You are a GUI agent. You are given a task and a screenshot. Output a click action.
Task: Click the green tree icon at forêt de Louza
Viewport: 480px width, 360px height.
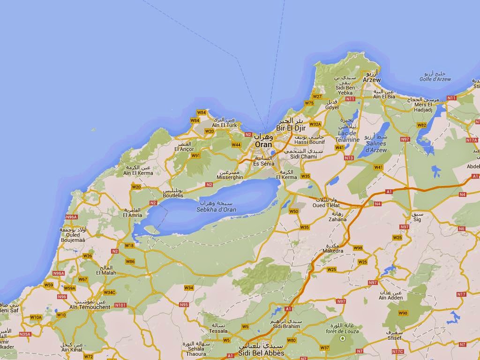tap(342, 338)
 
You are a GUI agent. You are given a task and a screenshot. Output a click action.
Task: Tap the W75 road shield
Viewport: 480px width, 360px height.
tap(309, 103)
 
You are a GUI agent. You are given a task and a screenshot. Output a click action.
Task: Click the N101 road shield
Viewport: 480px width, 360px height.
tap(120, 305)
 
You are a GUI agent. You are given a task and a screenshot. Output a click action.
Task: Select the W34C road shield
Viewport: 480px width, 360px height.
tap(109, 292)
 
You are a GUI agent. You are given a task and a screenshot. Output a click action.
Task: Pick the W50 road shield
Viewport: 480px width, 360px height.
tap(293, 211)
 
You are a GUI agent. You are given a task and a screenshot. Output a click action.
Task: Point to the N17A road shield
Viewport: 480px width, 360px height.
tap(472, 140)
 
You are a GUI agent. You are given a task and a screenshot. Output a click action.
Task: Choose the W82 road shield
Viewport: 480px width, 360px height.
tap(421, 125)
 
